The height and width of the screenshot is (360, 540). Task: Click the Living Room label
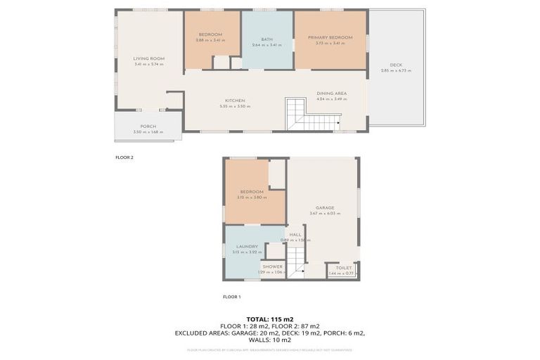[x=148, y=58]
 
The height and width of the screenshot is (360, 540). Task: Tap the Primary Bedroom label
[x=330, y=37]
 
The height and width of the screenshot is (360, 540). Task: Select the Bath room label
[x=266, y=39]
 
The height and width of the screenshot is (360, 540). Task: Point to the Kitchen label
[x=235, y=101]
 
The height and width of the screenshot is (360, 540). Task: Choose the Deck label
[x=396, y=65]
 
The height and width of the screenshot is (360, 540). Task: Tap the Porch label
[x=148, y=126]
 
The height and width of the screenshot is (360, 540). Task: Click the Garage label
[x=324, y=207]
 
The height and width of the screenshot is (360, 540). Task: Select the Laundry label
[x=247, y=246]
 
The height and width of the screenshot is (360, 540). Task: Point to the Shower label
[x=272, y=266]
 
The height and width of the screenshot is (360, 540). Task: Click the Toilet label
[x=343, y=267]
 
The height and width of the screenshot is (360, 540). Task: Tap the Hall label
[x=295, y=235]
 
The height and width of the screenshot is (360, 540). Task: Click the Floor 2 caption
[x=124, y=157]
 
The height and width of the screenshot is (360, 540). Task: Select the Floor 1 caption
[x=231, y=297]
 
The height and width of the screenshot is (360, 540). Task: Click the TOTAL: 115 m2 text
[x=270, y=319]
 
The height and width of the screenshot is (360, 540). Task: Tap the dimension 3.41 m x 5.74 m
[x=148, y=64]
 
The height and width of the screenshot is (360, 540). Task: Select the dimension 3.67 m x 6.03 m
[x=324, y=214]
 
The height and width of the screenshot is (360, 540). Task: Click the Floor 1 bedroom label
[x=251, y=191]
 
